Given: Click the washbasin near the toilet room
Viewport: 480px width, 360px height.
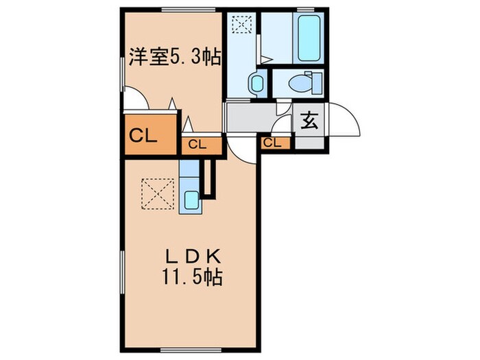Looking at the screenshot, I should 256,84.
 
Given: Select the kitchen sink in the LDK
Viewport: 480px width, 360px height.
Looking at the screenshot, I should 191,201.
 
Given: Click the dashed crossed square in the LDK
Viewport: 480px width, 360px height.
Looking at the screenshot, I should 158,193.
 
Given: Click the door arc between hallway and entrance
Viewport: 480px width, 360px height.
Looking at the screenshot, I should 280,125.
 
